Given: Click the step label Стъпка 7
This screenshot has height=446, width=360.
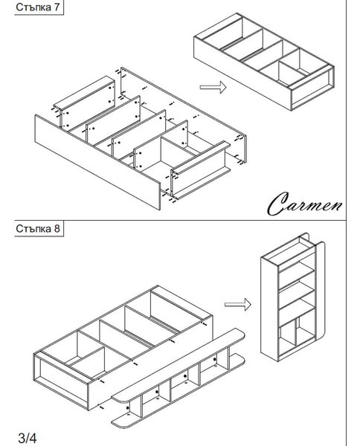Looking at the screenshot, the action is coord(38,7).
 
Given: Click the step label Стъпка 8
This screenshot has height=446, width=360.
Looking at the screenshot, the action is coord(38,228).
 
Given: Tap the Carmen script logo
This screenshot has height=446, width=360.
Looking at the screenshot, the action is coord(305,204).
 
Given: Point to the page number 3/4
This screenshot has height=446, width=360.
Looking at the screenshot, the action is coord(28,438).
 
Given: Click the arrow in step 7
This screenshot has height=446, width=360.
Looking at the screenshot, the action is coord(213,87).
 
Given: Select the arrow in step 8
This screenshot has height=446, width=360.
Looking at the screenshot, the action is coord(237,305).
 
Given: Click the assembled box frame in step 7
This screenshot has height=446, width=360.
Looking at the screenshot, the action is coord(263,62).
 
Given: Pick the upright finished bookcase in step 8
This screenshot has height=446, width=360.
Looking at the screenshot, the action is coord(292,297).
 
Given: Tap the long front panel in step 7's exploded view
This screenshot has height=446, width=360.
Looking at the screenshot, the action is coord(97,162).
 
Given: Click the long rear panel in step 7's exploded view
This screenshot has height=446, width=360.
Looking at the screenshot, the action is coord(184,114).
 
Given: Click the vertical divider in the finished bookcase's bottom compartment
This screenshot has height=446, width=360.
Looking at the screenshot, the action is coord(296,332).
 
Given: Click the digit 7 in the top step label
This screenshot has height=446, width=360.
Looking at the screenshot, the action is coord(57,7).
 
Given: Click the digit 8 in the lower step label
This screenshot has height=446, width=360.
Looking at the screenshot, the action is coord(57,228).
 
